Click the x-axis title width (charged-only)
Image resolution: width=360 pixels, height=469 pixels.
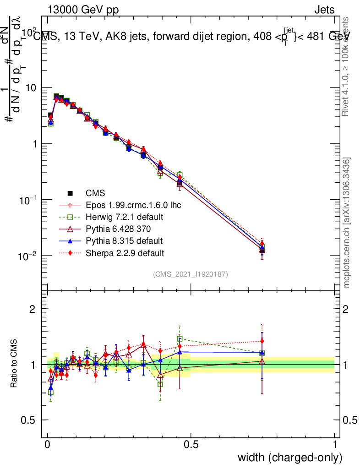(x=289, y=458)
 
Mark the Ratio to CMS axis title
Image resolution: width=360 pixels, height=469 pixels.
(x=15, y=364)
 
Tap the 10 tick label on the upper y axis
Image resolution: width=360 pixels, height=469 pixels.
(x=33, y=88)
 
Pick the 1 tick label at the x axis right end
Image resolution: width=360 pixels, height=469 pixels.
(x=335, y=444)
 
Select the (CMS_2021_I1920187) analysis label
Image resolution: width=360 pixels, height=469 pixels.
(x=191, y=274)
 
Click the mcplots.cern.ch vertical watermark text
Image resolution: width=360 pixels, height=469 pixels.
(x=347, y=223)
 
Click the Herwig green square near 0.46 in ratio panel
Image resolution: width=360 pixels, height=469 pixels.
(x=180, y=339)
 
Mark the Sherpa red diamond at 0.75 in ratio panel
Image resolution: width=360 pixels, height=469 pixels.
(x=262, y=341)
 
